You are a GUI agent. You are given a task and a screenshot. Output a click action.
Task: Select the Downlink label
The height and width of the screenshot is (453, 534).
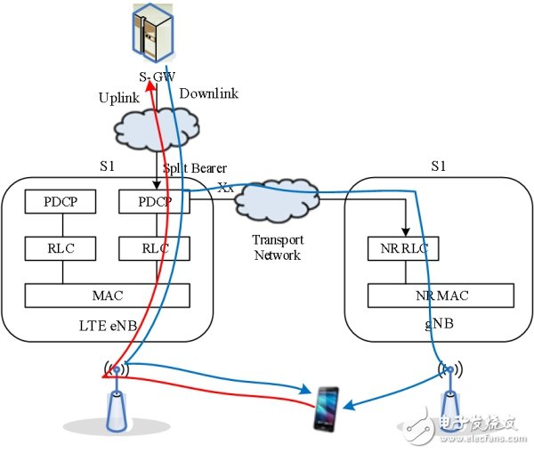210,93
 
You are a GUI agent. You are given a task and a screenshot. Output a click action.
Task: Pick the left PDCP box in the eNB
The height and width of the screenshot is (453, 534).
60,202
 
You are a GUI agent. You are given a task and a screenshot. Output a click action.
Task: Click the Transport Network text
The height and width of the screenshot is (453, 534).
278,247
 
